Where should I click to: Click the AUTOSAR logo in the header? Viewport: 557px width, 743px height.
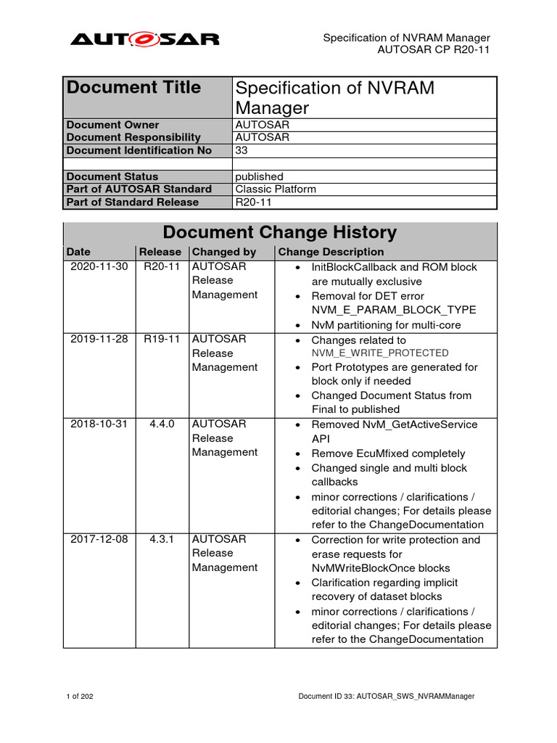pos(144,39)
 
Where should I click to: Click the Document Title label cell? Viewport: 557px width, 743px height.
pos(133,88)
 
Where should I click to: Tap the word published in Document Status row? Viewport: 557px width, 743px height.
pos(260,176)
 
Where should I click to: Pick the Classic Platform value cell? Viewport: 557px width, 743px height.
pos(276,189)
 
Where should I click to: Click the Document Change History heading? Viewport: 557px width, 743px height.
pos(280,233)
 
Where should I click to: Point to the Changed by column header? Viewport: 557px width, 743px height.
pos(224,252)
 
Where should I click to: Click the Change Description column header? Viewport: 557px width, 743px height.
pos(331,252)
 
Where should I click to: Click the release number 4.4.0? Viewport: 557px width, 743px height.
pos(162,424)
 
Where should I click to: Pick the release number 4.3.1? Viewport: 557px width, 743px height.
pos(162,540)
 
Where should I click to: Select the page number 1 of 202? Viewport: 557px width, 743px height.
pos(79,697)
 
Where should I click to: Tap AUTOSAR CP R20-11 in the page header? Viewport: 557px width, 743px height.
pos(434,50)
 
